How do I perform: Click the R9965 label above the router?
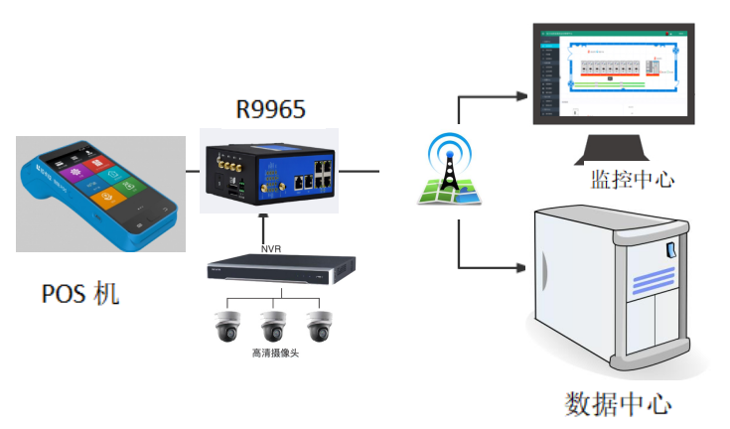(269, 108)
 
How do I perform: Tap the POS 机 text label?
(79, 294)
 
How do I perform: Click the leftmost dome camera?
(224, 327)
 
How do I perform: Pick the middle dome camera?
(272, 327)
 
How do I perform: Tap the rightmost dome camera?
(319, 327)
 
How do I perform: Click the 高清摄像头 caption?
(272, 353)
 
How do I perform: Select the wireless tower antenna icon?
(448, 169)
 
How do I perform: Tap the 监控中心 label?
(633, 180)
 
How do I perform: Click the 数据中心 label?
(618, 404)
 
